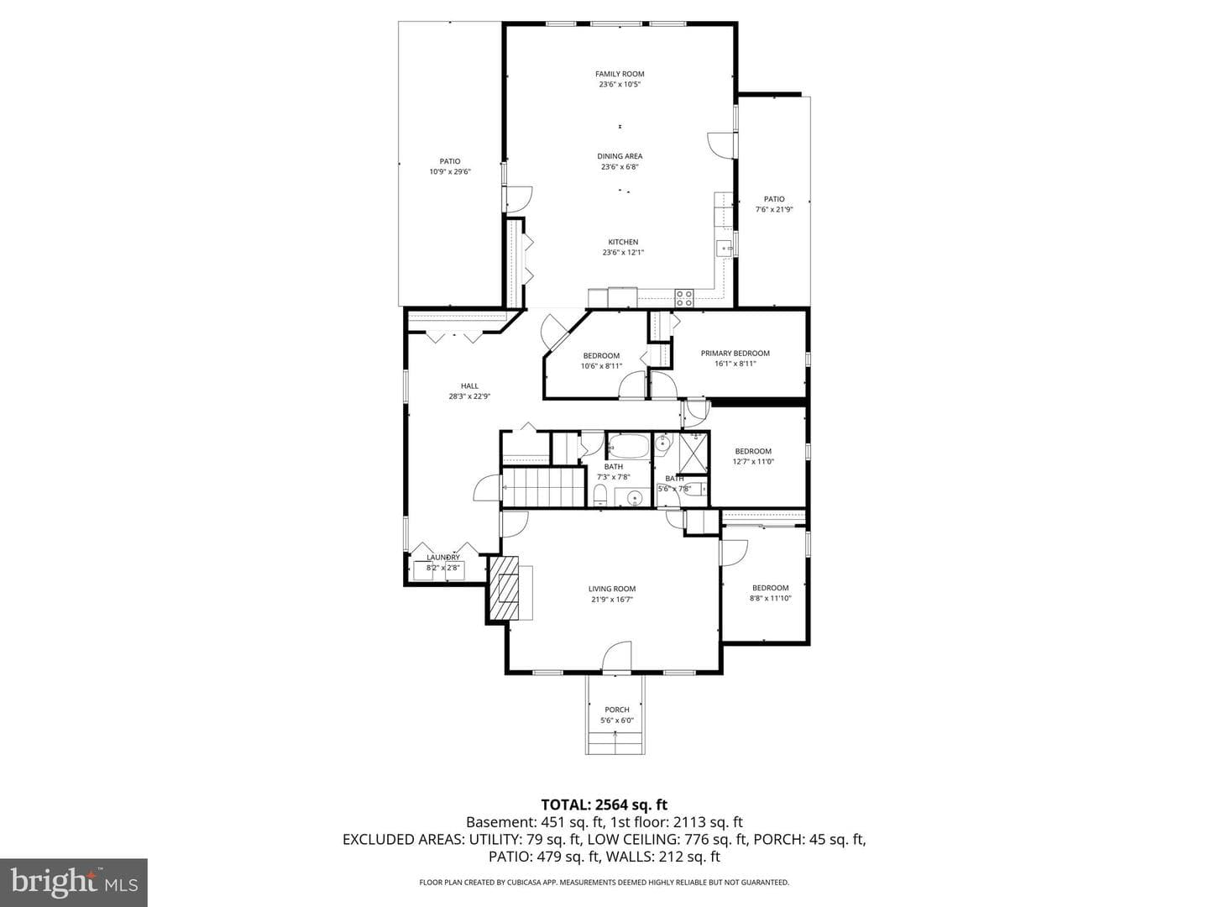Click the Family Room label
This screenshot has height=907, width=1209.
point(619,74)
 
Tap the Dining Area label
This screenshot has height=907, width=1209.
point(620,156)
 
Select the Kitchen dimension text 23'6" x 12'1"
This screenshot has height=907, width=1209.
point(623,252)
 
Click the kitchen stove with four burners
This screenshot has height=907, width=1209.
point(684,298)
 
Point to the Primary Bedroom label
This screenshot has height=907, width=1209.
point(735,353)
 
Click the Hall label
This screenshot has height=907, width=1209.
point(469,386)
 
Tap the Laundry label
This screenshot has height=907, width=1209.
point(442,558)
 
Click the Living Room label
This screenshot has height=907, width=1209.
point(611,589)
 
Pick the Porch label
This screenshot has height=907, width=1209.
point(617,710)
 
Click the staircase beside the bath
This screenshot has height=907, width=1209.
point(542,487)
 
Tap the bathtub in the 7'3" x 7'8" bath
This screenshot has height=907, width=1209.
point(629,447)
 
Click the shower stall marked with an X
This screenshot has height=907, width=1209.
point(693,453)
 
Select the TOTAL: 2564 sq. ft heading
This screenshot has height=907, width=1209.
point(604,805)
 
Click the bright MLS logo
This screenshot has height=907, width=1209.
point(74,882)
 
